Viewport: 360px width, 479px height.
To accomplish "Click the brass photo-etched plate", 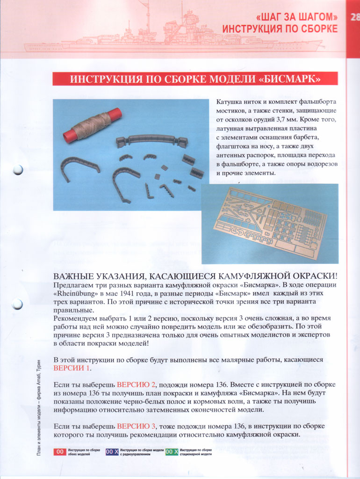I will [270, 223].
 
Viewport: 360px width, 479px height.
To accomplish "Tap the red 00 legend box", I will [60, 452].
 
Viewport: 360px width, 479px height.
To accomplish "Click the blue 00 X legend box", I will [112, 452].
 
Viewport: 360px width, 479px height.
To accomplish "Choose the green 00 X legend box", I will [172, 452].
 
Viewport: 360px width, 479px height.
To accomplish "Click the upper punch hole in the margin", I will [18, 169].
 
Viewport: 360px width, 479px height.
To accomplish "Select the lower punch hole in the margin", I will [18, 304].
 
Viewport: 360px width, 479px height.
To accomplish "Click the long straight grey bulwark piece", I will [152, 140].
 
